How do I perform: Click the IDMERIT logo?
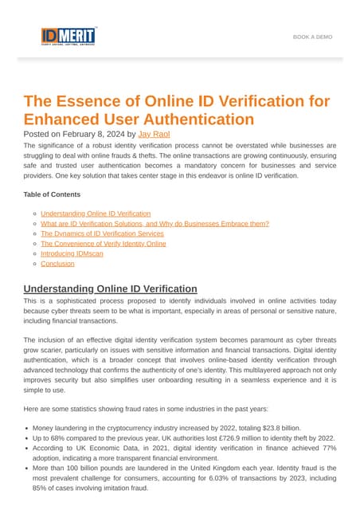pos(68,37)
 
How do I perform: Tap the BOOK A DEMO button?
pos(312,37)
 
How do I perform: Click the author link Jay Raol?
pos(155,135)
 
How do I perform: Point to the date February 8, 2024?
pos(95,135)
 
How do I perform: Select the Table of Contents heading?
pos(52,194)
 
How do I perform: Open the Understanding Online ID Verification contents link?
pos(96,214)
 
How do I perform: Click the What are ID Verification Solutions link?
pos(155,224)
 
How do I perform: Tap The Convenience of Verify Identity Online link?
pos(104,244)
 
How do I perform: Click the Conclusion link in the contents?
pos(57,263)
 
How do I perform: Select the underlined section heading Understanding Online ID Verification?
pos(110,288)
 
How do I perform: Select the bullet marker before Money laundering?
pos(28,428)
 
